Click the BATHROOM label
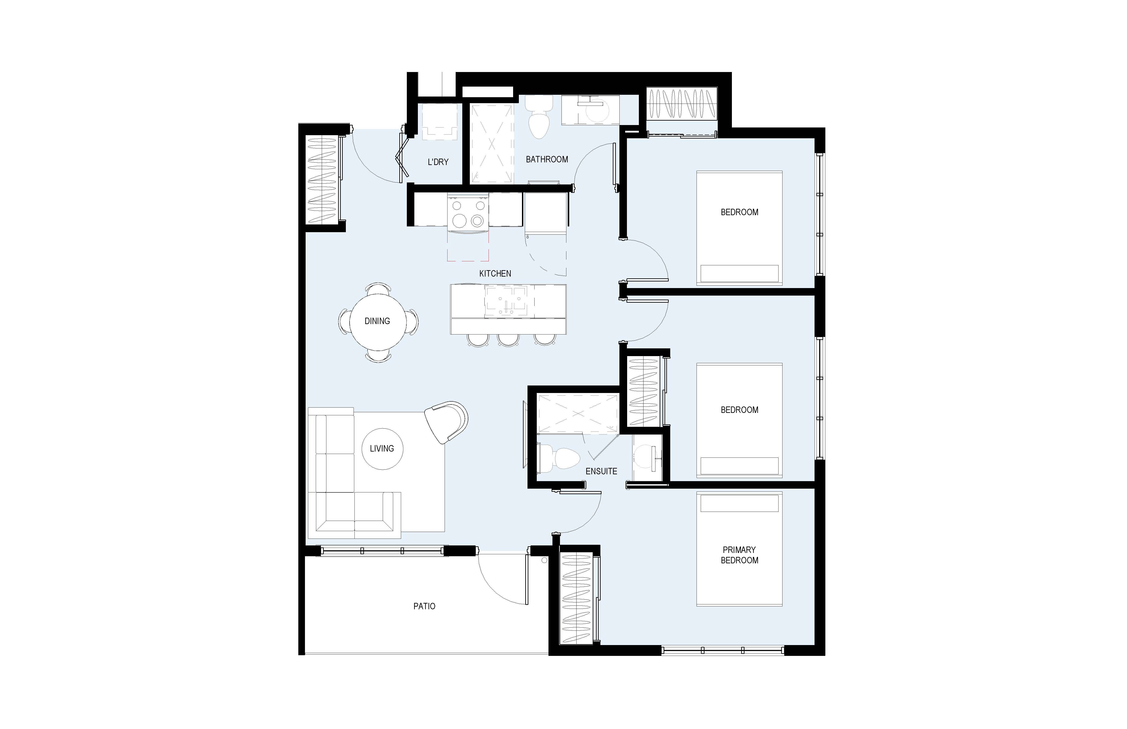coord(547,159)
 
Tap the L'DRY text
coord(438,162)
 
